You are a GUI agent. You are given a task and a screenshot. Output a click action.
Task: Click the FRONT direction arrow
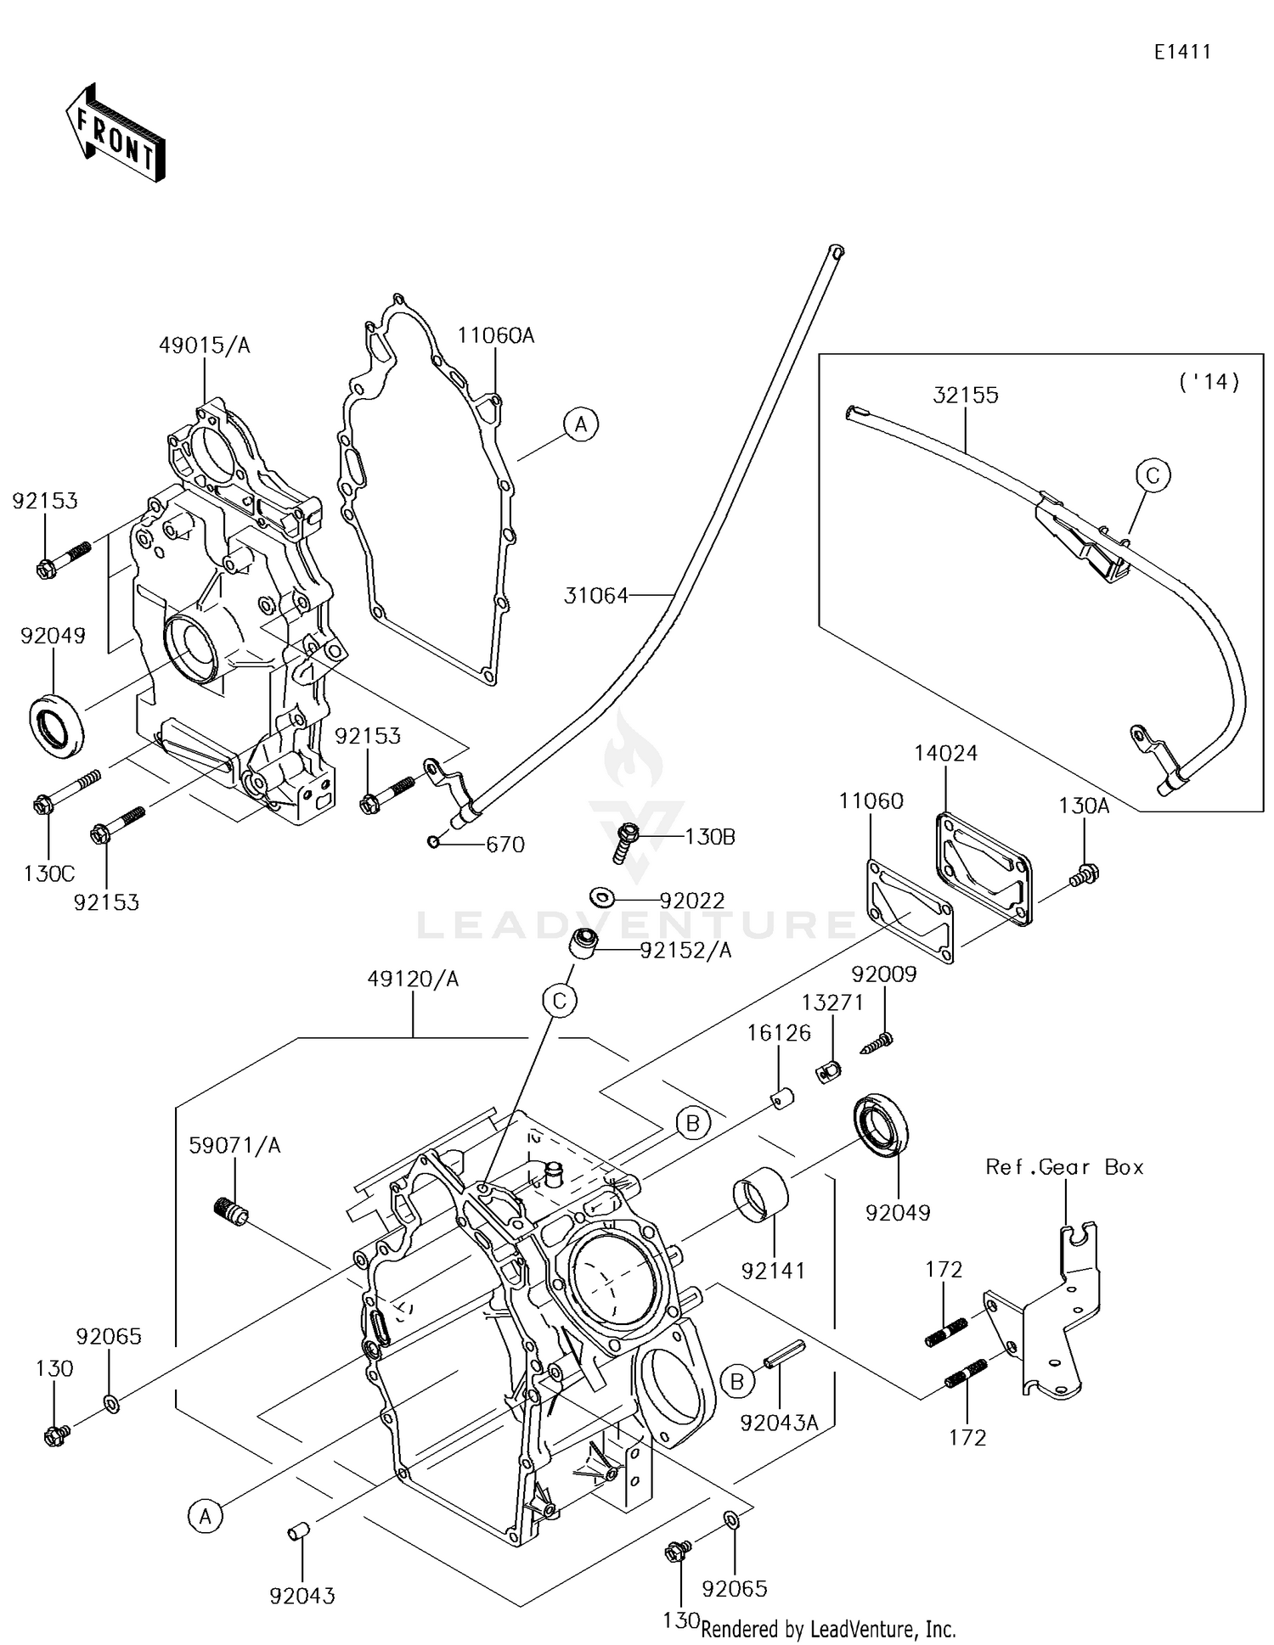tap(115, 132)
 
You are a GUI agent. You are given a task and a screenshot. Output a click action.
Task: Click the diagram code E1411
tap(1181, 52)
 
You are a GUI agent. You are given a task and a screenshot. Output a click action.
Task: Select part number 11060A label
tap(496, 335)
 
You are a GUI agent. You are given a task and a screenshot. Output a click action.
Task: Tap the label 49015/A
tap(205, 345)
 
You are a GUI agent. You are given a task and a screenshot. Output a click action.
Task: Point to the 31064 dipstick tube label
tap(596, 596)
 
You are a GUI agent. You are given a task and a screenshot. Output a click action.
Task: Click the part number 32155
tap(966, 395)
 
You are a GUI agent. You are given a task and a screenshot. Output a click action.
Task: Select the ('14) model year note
tap(1209, 382)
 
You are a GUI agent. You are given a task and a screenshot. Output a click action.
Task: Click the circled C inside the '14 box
tap(1153, 475)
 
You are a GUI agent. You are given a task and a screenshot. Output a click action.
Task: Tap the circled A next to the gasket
tap(581, 423)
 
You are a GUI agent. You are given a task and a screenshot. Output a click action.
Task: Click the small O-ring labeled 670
tap(433, 841)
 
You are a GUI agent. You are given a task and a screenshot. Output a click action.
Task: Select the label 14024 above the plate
tap(945, 753)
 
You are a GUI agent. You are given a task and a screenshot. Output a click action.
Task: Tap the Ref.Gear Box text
tap(1064, 1167)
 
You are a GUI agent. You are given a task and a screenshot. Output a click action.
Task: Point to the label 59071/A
tap(234, 1145)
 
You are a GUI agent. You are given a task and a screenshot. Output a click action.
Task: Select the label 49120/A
tap(413, 979)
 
